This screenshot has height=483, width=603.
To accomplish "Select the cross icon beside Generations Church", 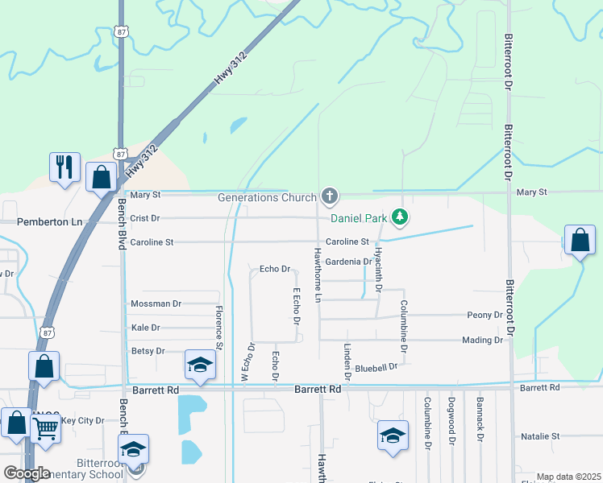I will pyautogui.click(x=329, y=196).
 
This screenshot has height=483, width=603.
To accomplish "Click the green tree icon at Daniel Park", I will pyautogui.click(x=399, y=217).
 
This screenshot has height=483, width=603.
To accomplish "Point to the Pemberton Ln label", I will pyautogui.click(x=50, y=221).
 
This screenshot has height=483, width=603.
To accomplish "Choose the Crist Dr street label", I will pyautogui.click(x=145, y=218).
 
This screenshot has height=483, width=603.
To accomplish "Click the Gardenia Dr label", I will pyautogui.click(x=348, y=262).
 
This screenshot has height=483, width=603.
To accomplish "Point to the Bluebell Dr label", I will pyautogui.click(x=376, y=367).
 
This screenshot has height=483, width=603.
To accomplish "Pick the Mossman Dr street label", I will pyautogui.click(x=156, y=303).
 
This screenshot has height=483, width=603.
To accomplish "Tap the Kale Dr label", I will pyautogui.click(x=145, y=328).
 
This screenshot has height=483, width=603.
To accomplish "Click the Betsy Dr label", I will pyautogui.click(x=148, y=351).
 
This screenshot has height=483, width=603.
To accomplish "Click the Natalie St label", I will pyautogui.click(x=540, y=436).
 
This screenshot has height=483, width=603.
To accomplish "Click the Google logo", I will pyautogui.click(x=26, y=473).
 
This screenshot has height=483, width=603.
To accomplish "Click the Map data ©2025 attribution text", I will pyautogui.click(x=568, y=477).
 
